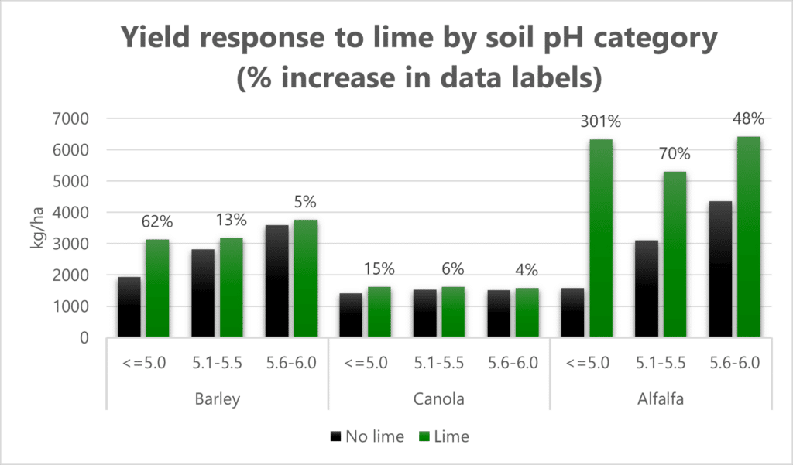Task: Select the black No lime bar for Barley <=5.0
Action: pyautogui.click(x=130, y=306)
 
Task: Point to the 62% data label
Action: pyautogui.click(x=157, y=222)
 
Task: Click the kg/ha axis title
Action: pyautogui.click(x=36, y=228)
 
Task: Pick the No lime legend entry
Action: pyautogui.click(x=366, y=436)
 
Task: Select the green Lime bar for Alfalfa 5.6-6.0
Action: pyautogui.click(x=748, y=237)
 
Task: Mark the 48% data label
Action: pyautogui.click(x=749, y=119)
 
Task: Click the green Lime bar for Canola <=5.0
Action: pyautogui.click(x=379, y=313)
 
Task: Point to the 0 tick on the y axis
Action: pyautogui.click(x=85, y=338)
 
